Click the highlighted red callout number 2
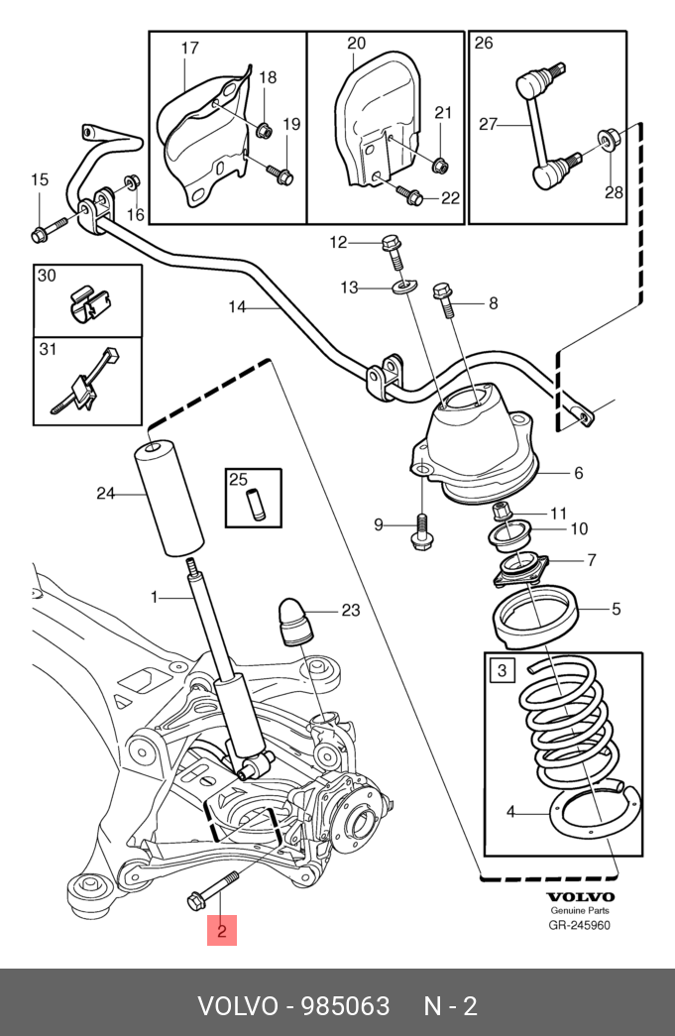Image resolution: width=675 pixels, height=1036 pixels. (222, 931)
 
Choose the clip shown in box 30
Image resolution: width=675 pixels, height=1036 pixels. (89, 301)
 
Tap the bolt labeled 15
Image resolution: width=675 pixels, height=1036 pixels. (46, 231)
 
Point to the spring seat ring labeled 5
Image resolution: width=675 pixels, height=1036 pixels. (536, 620)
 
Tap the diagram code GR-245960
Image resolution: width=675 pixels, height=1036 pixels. (581, 926)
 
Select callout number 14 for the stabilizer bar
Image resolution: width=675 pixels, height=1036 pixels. (237, 307)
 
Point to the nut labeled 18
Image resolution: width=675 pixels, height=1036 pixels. (263, 129)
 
